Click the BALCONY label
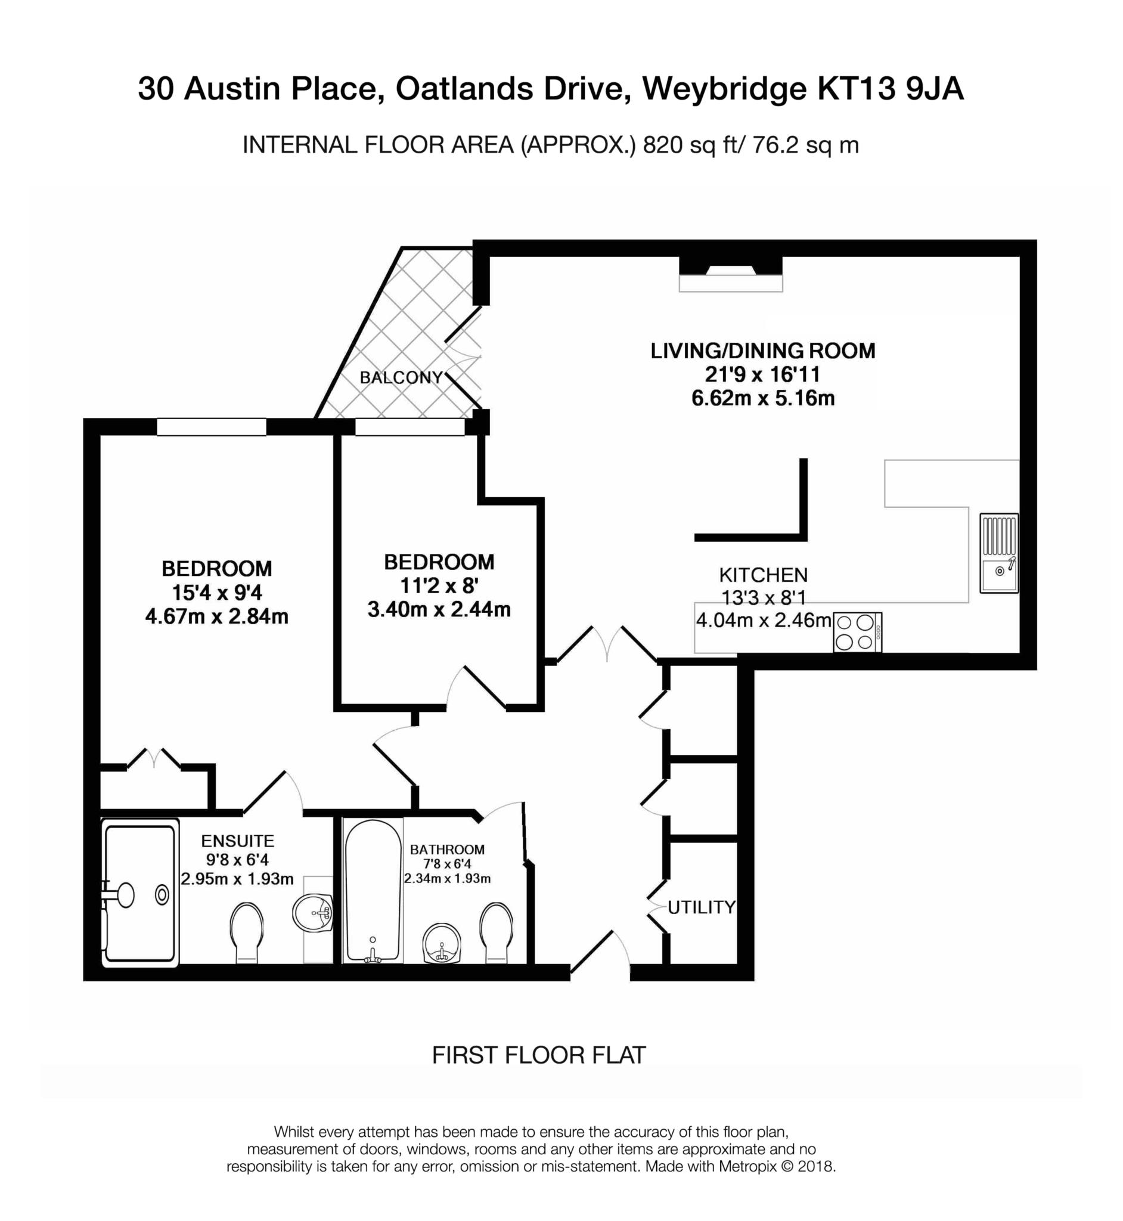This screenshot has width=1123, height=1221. click(401, 377)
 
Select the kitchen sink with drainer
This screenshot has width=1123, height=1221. click(998, 553)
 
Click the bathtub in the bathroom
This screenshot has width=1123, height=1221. click(373, 890)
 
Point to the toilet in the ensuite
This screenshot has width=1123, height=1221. click(247, 932)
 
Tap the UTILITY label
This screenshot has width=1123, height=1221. click(701, 907)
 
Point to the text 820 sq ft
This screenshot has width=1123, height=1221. click(689, 145)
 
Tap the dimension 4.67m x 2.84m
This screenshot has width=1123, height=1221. click(217, 616)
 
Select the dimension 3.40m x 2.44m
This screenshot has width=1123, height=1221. click(439, 609)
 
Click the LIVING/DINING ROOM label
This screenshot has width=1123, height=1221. click(762, 351)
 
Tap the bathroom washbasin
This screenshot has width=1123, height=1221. click(441, 944)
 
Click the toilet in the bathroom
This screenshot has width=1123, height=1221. click(496, 932)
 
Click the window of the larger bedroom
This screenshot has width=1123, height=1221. click(212, 427)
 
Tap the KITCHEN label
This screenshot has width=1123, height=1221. click(763, 574)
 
